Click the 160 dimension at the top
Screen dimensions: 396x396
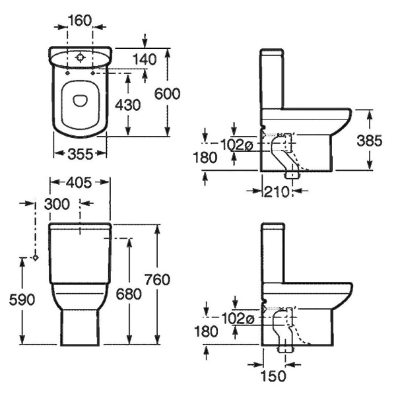[80, 20]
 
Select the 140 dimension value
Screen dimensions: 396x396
[145, 59]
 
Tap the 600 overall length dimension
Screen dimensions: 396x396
[167, 94]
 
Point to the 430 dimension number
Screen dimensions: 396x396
[128, 105]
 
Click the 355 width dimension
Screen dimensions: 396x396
[81, 154]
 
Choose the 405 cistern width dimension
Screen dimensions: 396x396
[79, 183]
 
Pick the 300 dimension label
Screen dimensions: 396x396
[57, 204]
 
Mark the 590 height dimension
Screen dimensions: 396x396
[22, 300]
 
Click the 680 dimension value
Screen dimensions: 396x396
[129, 294]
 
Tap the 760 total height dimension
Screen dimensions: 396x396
[157, 280]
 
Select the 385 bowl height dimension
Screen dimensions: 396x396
[370, 141]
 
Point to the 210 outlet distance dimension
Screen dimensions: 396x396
[277, 192]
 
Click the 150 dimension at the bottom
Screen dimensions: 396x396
[273, 376]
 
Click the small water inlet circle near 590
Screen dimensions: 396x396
[36, 257]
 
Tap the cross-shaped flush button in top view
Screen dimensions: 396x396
[80, 58]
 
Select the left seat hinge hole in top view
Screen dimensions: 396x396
[67, 73]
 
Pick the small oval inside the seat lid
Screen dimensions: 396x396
[81, 100]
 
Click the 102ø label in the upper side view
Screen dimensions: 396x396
[237, 145]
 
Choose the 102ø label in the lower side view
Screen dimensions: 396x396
[238, 319]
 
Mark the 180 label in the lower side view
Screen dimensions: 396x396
[206, 331]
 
